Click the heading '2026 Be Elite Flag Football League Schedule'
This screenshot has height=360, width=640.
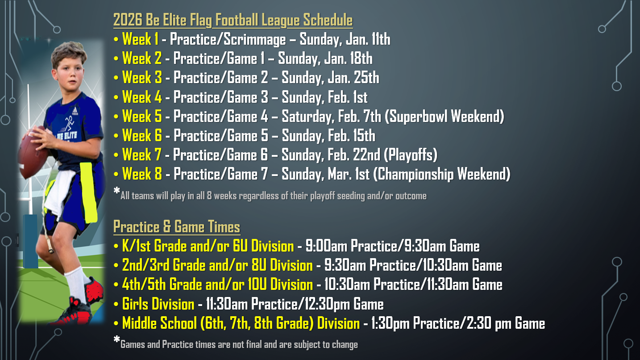coord(233,20)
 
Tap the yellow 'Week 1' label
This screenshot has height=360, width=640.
coord(140,39)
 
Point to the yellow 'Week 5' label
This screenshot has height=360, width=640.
coord(142,116)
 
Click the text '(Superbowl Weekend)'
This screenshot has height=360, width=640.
coord(444,117)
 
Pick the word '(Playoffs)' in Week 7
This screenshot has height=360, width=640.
coord(410,155)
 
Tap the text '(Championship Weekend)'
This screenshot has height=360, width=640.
coord(442,174)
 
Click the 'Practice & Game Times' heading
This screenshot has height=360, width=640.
coord(177,227)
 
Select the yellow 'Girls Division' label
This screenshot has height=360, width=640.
coord(158,304)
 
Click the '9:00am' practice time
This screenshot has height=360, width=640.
coord(326,246)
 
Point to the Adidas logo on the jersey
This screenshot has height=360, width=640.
coord(75,111)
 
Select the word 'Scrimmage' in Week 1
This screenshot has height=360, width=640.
coord(254,39)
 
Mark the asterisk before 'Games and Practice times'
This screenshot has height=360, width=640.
coord(116,339)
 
